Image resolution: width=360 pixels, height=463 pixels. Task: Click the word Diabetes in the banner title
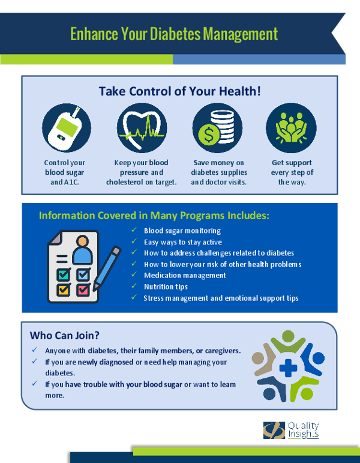coord(176,34)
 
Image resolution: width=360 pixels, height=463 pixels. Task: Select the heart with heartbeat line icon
coord(142,128)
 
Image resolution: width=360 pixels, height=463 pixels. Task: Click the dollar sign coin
coord(209,135)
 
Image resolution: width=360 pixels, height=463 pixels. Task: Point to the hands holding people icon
coord(291,128)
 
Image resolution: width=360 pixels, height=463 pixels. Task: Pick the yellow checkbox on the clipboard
coord(64,289)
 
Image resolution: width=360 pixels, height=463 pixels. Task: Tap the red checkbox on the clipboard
coord(83,289)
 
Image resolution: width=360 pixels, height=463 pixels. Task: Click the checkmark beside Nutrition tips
coord(134,286)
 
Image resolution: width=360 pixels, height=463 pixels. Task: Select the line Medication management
coord(185,276)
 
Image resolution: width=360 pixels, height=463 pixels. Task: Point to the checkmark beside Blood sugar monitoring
coord(134,230)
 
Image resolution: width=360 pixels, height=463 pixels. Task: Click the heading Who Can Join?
coord(65,336)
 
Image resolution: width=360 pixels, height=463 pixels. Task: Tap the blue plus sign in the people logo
coord(288,368)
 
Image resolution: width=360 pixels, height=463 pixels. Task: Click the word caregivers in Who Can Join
coord(223,351)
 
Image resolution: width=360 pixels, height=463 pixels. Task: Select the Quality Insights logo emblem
coord(274,430)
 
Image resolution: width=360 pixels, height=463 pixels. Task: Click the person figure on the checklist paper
coord(82,250)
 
